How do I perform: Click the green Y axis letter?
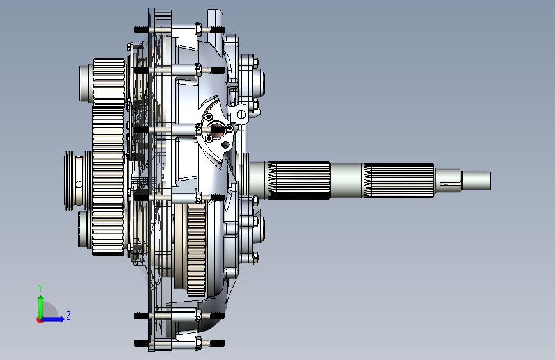point(40,288)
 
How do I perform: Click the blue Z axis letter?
point(68,315)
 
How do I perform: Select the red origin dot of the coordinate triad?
point(40,320)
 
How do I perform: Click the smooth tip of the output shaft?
point(476,181)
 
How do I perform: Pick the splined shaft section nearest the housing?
point(299,181)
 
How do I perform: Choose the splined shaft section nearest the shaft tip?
point(399,181)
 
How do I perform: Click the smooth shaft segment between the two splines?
point(347,181)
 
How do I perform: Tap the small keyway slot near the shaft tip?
point(444,184)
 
